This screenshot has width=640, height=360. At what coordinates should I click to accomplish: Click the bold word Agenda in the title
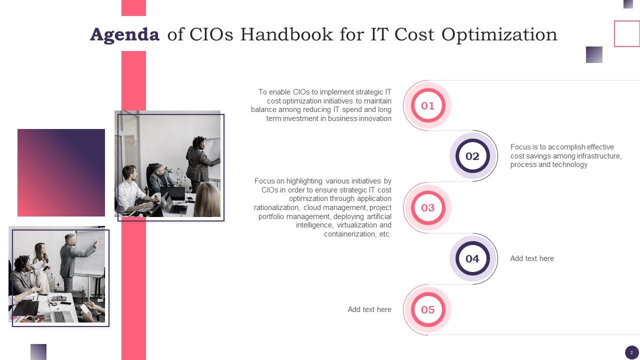click(124, 34)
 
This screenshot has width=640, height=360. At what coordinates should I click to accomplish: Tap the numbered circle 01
click(427, 105)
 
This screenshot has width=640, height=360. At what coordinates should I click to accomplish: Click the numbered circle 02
click(472, 156)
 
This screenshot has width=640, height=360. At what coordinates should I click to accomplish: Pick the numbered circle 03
click(427, 207)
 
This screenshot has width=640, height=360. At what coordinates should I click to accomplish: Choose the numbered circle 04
click(472, 258)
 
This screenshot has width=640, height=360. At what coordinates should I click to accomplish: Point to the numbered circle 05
click(427, 309)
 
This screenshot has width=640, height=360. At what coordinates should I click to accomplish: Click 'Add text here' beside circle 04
click(532, 258)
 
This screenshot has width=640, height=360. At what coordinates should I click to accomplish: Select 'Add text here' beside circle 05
click(369, 309)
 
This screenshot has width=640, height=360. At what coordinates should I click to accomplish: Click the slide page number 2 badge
click(631, 352)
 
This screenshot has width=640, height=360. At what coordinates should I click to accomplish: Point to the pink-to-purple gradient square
click(61, 172)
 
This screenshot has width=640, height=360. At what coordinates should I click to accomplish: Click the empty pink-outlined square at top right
click(627, 33)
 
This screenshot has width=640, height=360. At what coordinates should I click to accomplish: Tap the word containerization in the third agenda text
click(348, 234)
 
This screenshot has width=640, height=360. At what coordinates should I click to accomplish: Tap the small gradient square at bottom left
click(38, 351)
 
